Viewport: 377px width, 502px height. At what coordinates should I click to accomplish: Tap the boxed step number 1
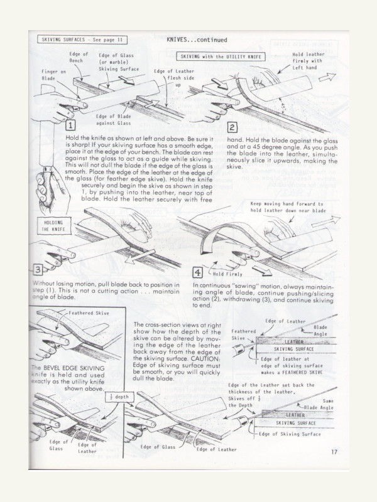click(70, 125)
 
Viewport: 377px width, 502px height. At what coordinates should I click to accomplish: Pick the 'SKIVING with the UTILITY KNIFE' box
click(224, 56)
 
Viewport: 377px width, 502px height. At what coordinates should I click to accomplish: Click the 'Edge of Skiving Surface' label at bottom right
click(290, 433)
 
